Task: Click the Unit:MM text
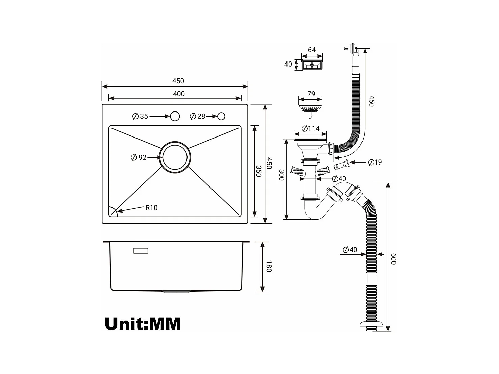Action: (143, 324)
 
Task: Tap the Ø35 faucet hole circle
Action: (175, 116)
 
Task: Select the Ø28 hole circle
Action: (221, 116)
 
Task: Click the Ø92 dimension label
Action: (139, 157)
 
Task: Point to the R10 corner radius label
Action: (151, 207)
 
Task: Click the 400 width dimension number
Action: (179, 94)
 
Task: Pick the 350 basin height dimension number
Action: (259, 171)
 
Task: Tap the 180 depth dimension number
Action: (269, 267)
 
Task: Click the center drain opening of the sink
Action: (175, 157)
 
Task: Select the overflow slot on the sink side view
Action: (141, 251)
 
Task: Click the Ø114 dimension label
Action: (310, 128)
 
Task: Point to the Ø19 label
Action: (375, 162)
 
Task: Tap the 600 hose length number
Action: (394, 259)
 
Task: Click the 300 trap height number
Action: (282, 175)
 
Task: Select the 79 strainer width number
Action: (311, 94)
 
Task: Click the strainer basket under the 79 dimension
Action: (310, 110)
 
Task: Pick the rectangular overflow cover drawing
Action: (312, 65)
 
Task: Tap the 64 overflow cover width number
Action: (312, 50)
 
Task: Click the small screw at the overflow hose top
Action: (346, 48)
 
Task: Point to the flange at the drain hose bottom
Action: (372, 324)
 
